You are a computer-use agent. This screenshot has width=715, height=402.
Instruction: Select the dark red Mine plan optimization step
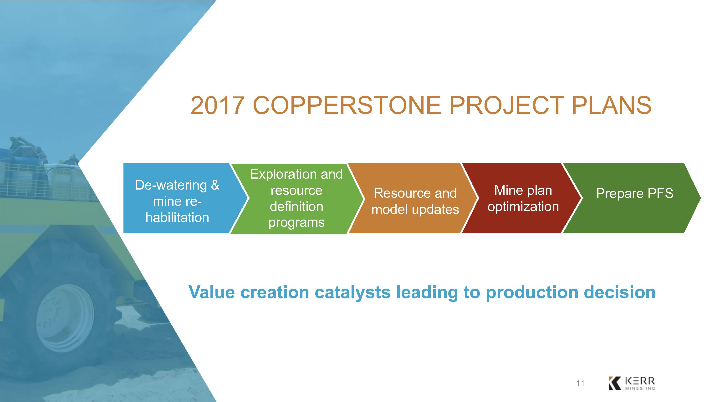[522, 198]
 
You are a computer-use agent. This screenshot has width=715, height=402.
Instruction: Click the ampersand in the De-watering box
[215, 185]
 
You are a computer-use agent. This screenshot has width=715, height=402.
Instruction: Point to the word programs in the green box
[296, 222]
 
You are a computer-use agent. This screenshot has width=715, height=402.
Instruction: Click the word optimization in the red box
[523, 207]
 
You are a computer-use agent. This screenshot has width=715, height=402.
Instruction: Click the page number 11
[580, 383]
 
